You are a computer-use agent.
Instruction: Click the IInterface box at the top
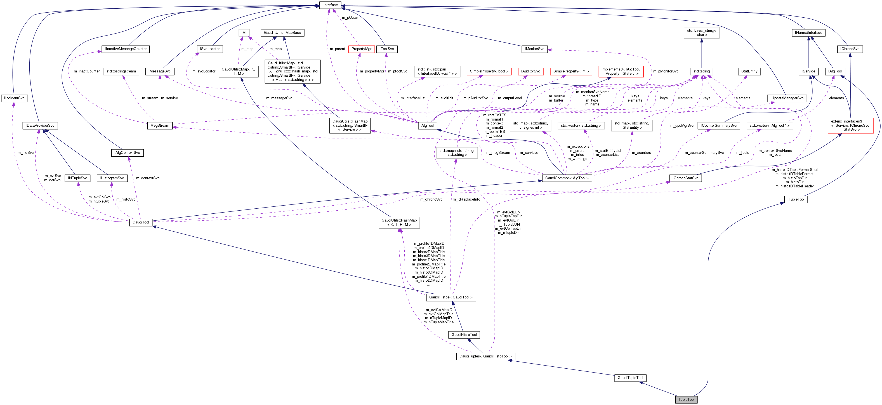point(330,5)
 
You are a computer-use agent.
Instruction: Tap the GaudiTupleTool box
point(630,378)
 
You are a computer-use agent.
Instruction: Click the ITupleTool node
point(795,199)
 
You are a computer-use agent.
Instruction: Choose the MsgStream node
point(160,125)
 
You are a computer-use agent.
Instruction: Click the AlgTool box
point(427,125)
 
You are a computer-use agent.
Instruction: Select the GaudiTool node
point(141,222)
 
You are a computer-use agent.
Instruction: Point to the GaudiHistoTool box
point(464,335)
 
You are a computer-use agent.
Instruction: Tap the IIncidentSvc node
point(14,98)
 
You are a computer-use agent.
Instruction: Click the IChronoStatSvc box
point(685,178)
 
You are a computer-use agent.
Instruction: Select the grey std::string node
point(701,71)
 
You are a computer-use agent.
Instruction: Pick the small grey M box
point(244,32)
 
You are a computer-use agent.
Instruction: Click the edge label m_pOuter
point(350,17)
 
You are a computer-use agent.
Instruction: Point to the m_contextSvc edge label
point(148,178)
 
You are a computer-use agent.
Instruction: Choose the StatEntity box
point(749,71)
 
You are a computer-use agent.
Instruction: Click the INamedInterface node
point(808,32)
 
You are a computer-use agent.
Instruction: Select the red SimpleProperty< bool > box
point(489,71)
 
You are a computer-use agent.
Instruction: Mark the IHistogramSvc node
point(112,178)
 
